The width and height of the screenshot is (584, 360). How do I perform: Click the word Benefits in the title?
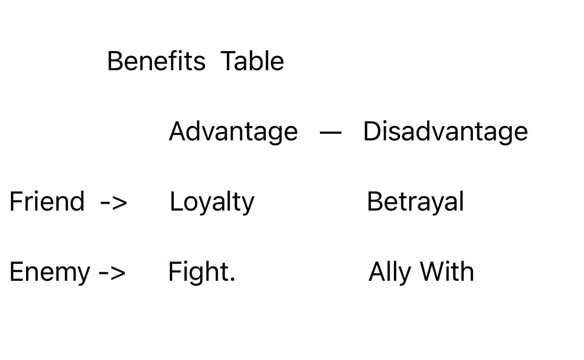pos(156,61)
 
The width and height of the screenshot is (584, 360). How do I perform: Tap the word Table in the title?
pos(252,61)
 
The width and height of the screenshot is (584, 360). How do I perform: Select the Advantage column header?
pos(233,132)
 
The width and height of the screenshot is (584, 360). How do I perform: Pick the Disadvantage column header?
pos(445,131)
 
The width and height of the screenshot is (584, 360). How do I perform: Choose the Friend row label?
pos(47,202)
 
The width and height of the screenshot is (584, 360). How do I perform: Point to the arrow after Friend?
pos(114,203)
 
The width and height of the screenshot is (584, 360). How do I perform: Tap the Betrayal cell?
pos(415,202)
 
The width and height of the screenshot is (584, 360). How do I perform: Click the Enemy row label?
pos(50,272)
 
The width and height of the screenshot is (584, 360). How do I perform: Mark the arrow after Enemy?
pos(112,273)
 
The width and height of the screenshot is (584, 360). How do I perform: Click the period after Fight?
pos(232,280)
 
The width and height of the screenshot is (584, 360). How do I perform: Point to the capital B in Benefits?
pos(115,61)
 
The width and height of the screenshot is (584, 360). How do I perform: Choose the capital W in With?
pos(433,272)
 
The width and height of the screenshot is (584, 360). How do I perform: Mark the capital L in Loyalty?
pos(175,202)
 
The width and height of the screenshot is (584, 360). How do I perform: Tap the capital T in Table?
pos(228,61)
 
